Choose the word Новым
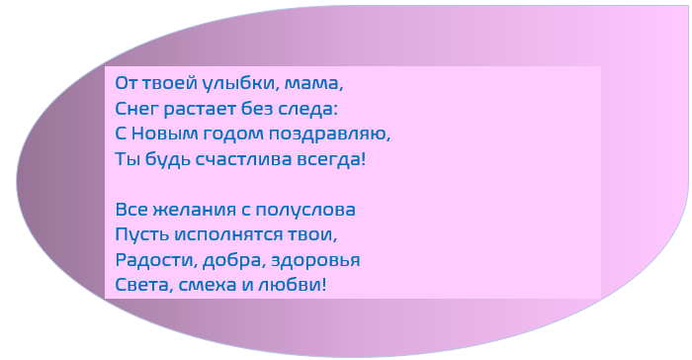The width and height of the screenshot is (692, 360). point(164,132)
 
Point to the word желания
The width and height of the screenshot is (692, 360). point(192,210)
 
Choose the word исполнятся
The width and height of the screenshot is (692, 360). point(234,235)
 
